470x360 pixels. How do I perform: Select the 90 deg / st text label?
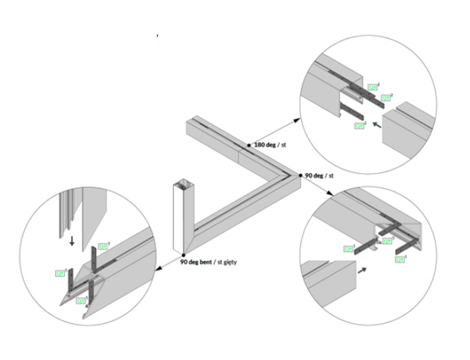coord(320,176)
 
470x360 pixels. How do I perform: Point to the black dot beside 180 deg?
coord(251,144)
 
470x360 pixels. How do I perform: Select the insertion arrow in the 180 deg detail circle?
coord(377,125)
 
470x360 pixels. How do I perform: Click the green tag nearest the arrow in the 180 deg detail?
coord(360,125)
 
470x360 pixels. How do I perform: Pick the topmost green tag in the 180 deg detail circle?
coord(372,86)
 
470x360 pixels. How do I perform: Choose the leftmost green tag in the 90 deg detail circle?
coord(348,248)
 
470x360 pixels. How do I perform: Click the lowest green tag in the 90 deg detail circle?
coord(401,257)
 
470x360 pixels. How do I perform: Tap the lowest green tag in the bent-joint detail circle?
coord(81,301)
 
